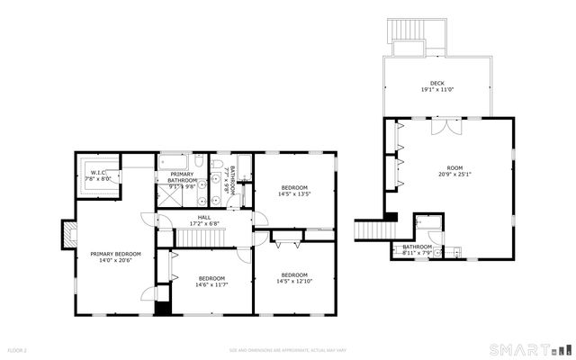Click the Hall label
204,218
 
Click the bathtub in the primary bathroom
173,163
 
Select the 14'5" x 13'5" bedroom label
294,190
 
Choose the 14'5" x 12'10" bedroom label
294,278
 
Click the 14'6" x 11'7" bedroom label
211,282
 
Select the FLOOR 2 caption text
18,349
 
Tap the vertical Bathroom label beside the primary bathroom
230,182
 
